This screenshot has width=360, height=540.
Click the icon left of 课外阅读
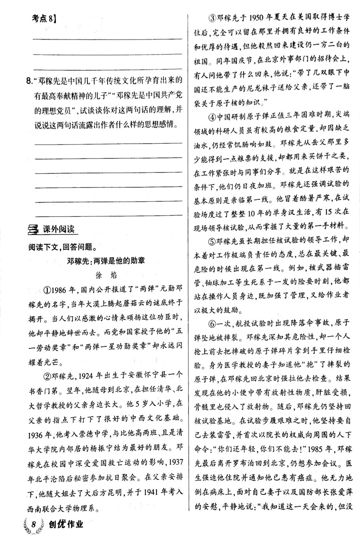coord(33,231)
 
